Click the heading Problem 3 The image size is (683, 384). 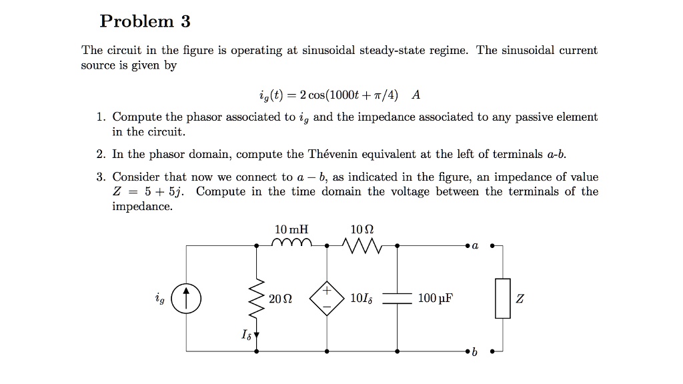point(145,22)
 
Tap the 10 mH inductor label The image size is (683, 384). point(291,229)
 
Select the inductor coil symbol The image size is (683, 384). point(291,243)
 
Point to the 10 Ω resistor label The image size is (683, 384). point(362,229)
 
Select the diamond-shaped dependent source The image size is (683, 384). point(327,298)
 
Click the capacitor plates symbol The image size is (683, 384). point(398,298)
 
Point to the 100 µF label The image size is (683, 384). point(436,298)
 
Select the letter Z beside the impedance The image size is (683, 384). point(520,298)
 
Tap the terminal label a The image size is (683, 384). point(475,246)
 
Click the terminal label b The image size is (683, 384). point(475,353)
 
